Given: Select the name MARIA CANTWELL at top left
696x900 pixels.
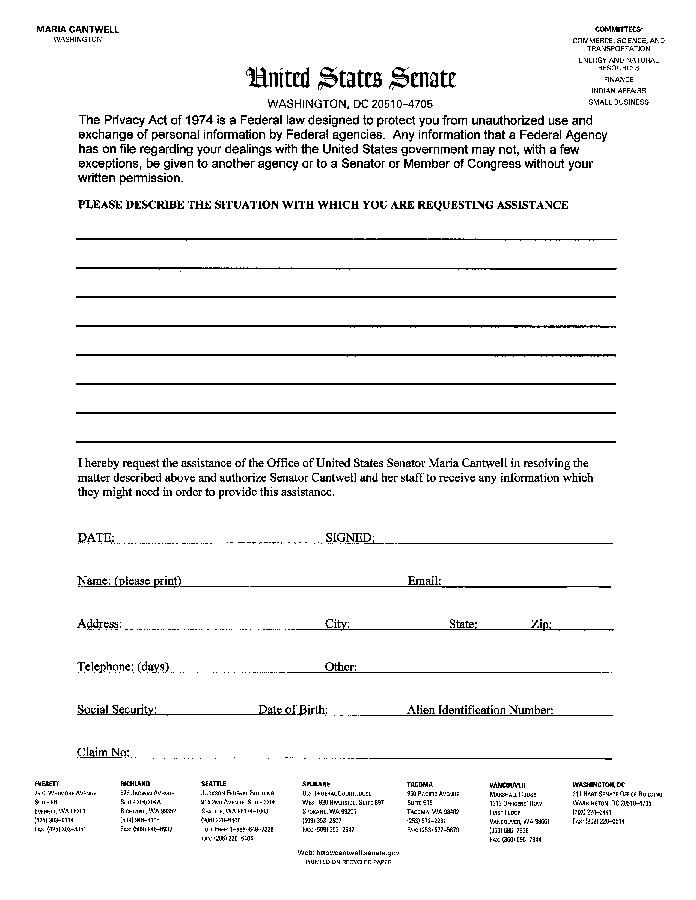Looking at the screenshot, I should click(x=78, y=30).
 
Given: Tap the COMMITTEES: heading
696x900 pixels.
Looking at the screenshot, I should click(x=618, y=30).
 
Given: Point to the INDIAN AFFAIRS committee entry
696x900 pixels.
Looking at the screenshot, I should click(x=618, y=91).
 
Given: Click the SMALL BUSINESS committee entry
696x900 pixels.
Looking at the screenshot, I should click(x=618, y=102).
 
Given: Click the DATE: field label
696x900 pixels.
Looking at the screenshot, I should click(x=96, y=537).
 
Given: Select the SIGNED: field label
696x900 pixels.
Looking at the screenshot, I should click(x=350, y=537).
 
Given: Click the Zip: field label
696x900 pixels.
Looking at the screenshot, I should click(x=541, y=624).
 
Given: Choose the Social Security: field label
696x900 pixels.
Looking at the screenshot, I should click(x=117, y=709).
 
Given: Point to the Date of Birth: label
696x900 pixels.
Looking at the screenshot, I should click(x=293, y=709).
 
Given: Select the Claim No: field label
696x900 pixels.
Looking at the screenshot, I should click(x=103, y=753).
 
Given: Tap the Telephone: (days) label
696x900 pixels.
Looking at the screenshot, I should click(x=123, y=666).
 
